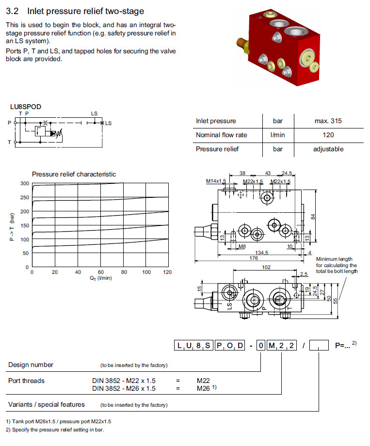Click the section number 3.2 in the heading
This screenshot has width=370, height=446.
(x=12, y=11)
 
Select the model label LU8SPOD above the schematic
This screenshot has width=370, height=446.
(x=25, y=107)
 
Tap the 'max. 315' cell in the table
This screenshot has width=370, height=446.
(x=328, y=121)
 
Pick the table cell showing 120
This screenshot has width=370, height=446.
(x=328, y=135)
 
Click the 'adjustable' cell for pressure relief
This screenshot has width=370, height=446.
(x=328, y=149)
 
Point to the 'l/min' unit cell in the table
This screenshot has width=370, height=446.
(x=277, y=135)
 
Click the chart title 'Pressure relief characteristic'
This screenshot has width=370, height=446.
(x=74, y=174)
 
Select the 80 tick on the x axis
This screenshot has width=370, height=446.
(x=124, y=272)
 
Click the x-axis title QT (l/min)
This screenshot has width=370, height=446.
(x=101, y=278)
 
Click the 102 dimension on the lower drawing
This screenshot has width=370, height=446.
(x=266, y=267)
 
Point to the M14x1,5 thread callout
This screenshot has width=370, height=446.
(x=216, y=181)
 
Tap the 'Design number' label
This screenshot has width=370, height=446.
(x=31, y=365)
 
